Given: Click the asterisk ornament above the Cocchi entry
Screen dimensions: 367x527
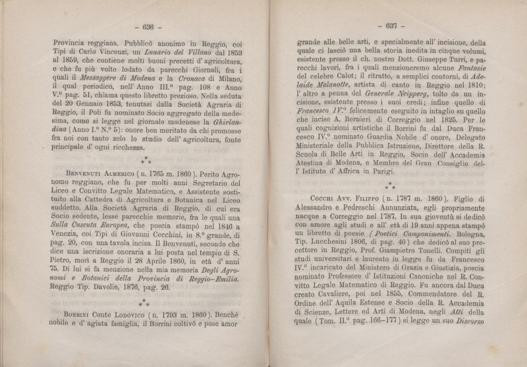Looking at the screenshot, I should [x=389, y=184].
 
